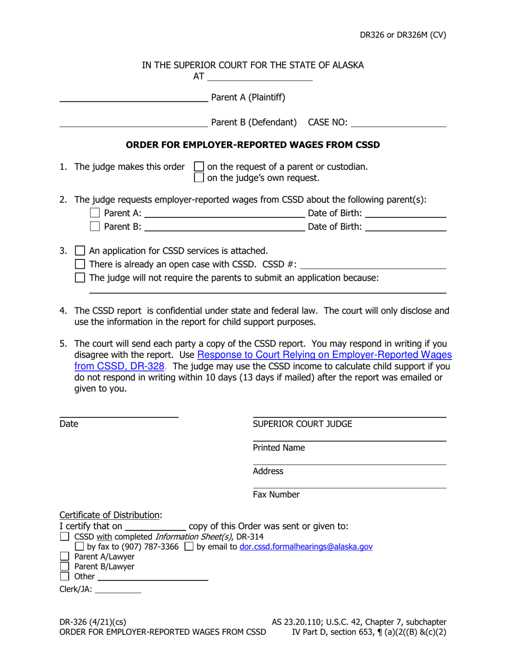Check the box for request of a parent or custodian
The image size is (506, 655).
tap(199, 167)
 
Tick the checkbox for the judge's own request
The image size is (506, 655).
tap(199, 178)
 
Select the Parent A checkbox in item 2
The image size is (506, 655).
tap(95, 213)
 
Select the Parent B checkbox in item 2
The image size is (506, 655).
tap(95, 226)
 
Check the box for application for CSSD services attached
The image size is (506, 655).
tap(80, 250)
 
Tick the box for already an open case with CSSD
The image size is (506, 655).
tap(80, 264)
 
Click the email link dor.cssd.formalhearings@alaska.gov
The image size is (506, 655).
tap(306, 547)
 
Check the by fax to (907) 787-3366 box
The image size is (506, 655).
tap(79, 547)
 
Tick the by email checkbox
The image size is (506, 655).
tap(189, 547)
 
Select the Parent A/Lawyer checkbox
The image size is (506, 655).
tap(65, 557)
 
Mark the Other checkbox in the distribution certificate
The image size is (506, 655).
tap(65, 576)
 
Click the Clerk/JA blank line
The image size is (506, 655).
tap(118, 589)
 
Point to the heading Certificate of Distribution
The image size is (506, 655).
tap(110, 515)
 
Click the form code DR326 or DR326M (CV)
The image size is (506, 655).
tap(402, 35)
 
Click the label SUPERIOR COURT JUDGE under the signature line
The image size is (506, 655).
tap(302, 424)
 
